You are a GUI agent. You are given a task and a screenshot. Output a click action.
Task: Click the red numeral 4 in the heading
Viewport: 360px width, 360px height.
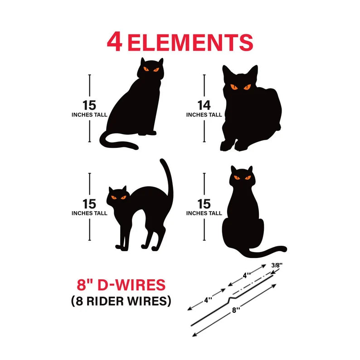pos(114,42)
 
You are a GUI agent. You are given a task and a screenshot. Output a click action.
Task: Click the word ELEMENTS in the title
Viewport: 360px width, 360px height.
pos(190,43)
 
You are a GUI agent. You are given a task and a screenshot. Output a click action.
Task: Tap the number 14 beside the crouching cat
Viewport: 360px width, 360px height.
pos(204,105)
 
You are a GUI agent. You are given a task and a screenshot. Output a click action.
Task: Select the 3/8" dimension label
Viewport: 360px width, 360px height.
pos(277,265)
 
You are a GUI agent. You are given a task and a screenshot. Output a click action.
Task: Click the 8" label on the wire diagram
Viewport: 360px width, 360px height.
pos(236,310)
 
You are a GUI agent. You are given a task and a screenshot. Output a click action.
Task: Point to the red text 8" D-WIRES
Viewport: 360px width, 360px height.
pos(121,285)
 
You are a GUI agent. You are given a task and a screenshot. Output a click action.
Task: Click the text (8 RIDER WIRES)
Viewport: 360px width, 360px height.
pos(121,301)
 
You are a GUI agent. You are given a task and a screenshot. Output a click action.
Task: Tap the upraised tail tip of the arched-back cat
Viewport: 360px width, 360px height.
pos(162,160)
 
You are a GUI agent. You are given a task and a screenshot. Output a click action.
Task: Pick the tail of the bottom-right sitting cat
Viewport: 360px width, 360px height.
pos(266,253)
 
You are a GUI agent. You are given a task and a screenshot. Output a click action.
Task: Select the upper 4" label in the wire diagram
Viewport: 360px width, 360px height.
pos(247,275)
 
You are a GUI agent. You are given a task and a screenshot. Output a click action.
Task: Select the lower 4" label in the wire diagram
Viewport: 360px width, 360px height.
pos(208,300)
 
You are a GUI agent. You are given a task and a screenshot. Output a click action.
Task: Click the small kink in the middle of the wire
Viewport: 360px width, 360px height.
pos(231,299)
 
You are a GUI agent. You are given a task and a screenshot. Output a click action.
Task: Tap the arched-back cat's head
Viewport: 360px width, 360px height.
pos(117,196)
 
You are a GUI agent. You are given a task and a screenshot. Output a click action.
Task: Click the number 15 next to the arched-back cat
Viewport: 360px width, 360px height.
pos(89,204)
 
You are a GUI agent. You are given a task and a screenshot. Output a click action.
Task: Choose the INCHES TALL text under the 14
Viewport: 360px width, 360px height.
pos(204,115)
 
